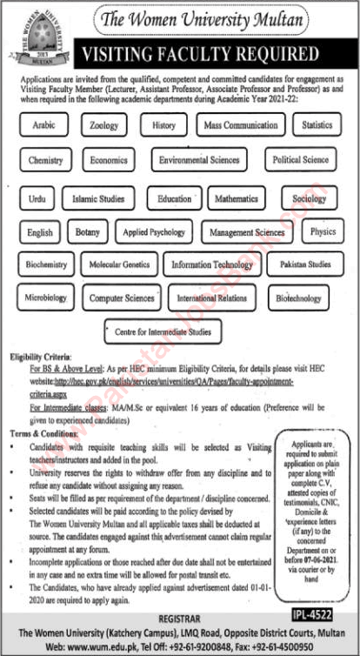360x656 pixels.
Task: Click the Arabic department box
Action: coord(43,126)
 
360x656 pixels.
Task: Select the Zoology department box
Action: coord(103,126)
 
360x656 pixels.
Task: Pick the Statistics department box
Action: coord(317,126)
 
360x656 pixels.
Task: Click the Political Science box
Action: coord(300,160)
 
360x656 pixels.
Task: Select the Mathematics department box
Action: coord(237,199)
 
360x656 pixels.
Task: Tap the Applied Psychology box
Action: coord(154,232)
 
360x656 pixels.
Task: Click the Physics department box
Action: coord(323,232)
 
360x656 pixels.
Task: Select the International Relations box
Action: coord(212,298)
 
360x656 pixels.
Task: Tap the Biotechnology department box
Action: coord(298,298)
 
